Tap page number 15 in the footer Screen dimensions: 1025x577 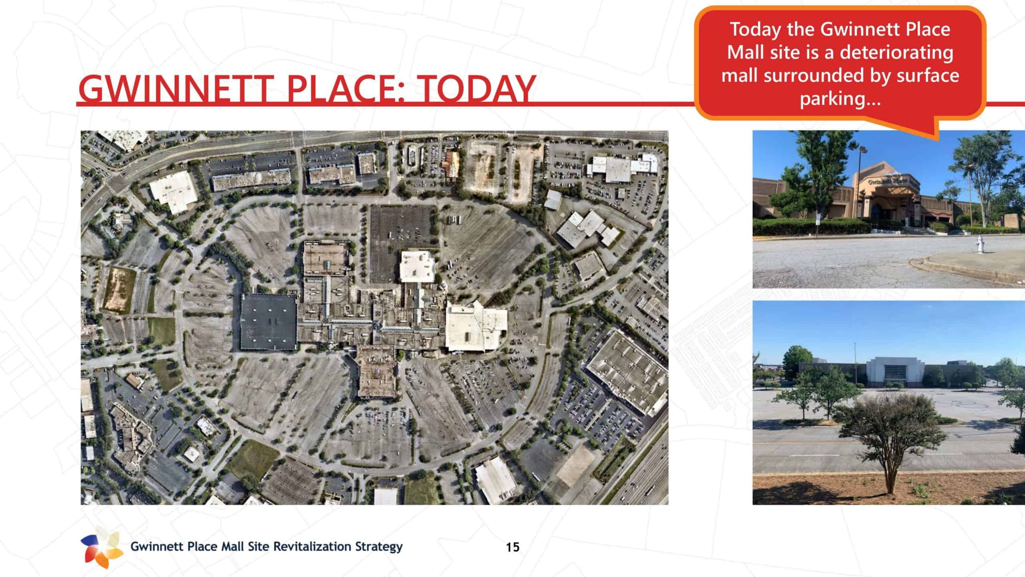click(x=512, y=547)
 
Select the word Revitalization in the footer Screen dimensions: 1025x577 click(x=310, y=547)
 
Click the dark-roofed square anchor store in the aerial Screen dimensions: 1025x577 click(x=269, y=322)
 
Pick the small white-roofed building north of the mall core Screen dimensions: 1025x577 click(x=418, y=266)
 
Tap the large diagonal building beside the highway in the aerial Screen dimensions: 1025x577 click(x=627, y=373)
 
